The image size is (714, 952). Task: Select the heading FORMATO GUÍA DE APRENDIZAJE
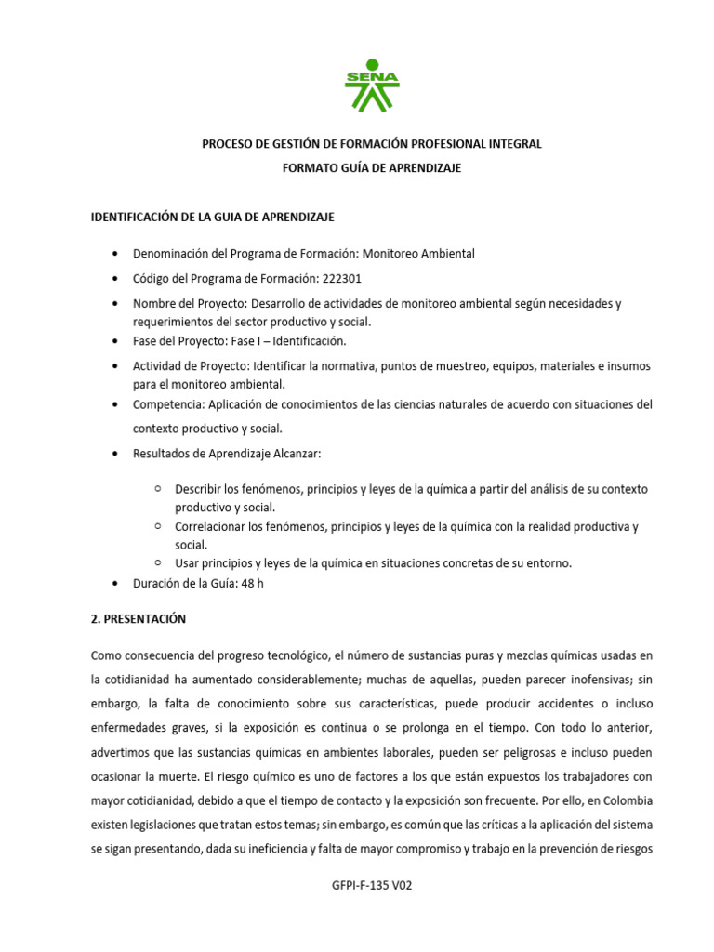(x=372, y=168)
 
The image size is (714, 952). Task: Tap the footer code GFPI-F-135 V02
(x=372, y=886)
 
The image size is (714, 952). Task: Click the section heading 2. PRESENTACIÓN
(x=139, y=618)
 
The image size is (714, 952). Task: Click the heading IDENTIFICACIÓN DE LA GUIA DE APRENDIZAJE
(x=212, y=217)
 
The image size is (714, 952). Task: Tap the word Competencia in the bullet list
(x=167, y=404)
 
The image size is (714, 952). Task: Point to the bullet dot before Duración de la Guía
(x=113, y=583)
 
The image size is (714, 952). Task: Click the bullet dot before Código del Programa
(x=113, y=278)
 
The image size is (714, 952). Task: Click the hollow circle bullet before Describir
(x=158, y=488)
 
